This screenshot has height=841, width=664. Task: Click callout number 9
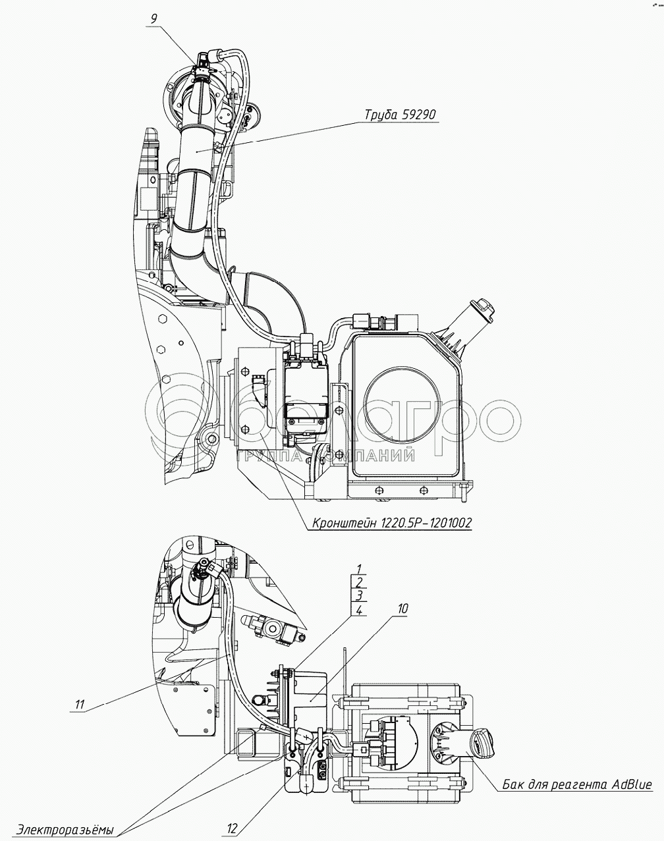tap(153, 18)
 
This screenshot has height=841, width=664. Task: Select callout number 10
tap(402, 609)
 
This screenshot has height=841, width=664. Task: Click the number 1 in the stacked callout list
tap(358, 568)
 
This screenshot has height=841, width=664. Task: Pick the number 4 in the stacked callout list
tap(358, 610)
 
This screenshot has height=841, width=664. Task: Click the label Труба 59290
tap(401, 115)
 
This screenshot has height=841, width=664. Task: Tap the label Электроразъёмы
tap(66, 829)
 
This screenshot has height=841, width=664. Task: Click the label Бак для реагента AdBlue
tap(576, 784)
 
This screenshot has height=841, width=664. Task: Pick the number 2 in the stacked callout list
tap(358, 582)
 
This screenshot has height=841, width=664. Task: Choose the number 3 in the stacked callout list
tap(358, 596)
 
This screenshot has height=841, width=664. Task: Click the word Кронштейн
tap(340, 523)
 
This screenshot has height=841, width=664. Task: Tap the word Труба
tap(379, 115)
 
